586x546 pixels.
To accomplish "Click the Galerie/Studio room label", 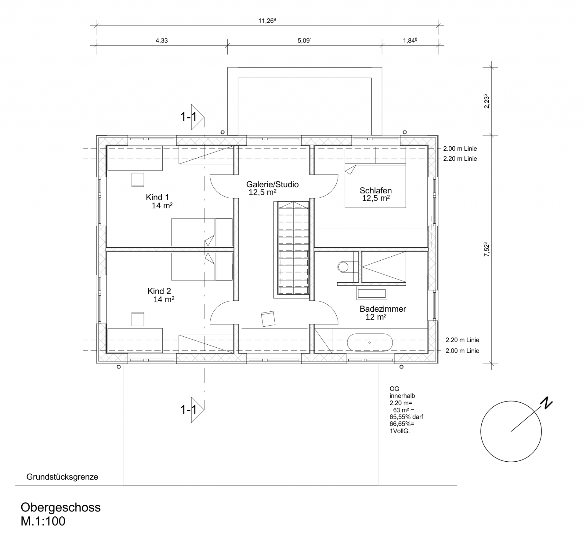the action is coord(272,184).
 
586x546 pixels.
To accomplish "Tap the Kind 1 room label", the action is coord(157,197).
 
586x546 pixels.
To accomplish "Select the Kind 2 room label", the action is coord(159,291).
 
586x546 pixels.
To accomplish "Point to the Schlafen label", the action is coord(375,191).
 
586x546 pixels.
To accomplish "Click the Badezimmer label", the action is coord(383,309).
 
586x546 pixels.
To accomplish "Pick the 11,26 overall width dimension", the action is coord(267,21).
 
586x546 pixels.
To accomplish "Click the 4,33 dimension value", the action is coord(162,41).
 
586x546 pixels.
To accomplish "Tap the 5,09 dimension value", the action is coord(305,41).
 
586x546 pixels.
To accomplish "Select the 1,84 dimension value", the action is coord(410,41).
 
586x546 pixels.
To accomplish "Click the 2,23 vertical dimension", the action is coord(487,101).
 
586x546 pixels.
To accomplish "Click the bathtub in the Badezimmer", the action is coord(370,343).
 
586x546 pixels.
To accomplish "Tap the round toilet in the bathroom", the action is coord(343,267).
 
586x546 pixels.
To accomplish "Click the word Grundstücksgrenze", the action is coord(62,477).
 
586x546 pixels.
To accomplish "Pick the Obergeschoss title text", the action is coord(60,508).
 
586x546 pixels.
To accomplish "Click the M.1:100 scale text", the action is coord(43,522).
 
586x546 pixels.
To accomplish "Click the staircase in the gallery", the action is coord(293,248).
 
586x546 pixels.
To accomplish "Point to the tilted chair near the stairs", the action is coord(268,319).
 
